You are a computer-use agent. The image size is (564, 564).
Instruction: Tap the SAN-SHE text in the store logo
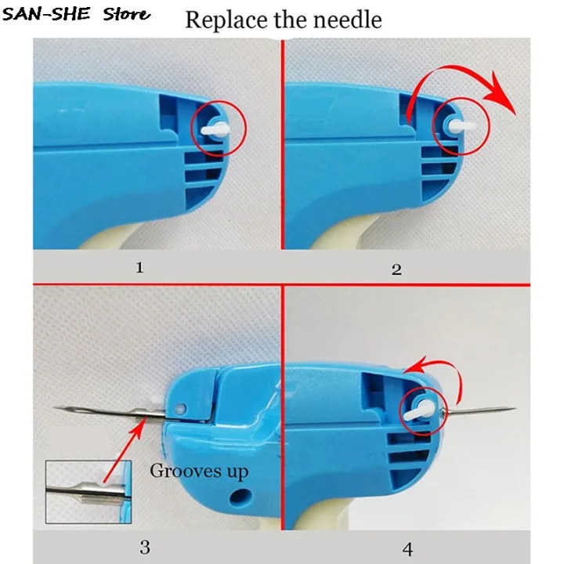coord(45,14)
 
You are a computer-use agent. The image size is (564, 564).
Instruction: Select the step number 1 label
coord(140,267)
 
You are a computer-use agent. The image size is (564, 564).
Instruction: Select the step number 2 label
coord(396,269)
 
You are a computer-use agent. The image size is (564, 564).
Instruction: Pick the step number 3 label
coord(145,547)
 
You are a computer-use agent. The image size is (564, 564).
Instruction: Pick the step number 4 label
coord(407,549)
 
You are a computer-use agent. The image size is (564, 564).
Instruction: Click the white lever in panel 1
coord(215,129)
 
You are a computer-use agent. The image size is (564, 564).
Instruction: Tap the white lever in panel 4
coord(420,410)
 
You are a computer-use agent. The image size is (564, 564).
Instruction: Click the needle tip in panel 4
coord(515,409)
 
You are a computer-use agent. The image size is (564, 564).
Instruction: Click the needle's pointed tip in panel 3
coord(55,407)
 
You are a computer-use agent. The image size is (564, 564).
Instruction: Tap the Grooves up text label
coord(199,471)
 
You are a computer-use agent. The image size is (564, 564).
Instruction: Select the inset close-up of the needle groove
coord(89,492)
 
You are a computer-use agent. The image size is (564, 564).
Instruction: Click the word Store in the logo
coord(127,14)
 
